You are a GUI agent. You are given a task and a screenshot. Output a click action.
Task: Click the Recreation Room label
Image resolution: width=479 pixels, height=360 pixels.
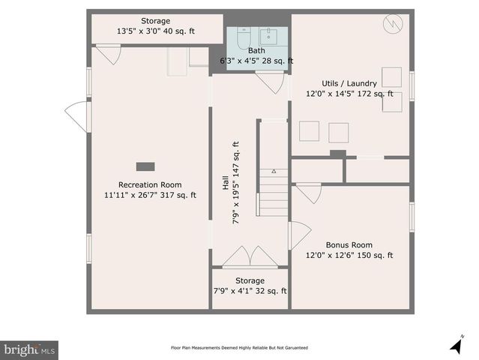150,185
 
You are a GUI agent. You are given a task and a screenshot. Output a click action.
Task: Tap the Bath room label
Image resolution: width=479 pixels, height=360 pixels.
256,50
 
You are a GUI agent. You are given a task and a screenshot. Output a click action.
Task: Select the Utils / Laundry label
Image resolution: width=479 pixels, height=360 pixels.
349,83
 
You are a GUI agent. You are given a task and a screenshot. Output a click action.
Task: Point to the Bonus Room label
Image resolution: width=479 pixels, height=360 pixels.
349,244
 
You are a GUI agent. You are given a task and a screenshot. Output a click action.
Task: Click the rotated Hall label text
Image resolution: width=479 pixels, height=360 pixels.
226,183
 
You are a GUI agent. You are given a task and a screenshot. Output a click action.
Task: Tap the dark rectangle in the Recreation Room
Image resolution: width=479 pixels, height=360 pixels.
145,166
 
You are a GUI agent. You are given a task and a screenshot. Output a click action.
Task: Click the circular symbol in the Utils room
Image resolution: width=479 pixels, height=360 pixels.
393,24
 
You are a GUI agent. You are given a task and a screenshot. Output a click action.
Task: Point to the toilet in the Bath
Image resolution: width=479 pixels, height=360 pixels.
244,38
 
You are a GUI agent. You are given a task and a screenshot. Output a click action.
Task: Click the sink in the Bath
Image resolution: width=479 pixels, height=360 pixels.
269,36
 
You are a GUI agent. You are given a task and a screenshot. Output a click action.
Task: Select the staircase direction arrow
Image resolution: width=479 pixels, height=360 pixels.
274,172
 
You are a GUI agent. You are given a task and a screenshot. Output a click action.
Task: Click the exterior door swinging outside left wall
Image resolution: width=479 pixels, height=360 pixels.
78,117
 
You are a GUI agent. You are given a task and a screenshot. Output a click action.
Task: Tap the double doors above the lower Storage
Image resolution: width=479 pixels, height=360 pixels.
250,256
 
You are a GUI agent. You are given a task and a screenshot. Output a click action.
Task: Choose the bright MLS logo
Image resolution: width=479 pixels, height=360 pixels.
29,350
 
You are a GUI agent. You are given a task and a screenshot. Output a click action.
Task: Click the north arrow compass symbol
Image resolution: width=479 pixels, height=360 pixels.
457,345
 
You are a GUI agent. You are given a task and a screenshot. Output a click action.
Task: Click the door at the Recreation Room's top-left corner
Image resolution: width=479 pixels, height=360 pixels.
109,55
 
